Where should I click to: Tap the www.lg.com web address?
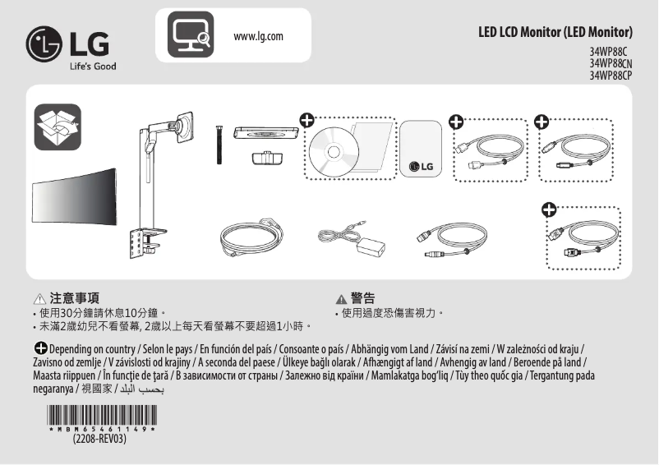(x=259, y=36)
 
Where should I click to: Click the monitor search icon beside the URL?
(x=191, y=35)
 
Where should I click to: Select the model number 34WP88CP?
(x=611, y=76)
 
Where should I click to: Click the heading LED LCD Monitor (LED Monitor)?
(x=555, y=33)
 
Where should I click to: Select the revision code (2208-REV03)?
(x=99, y=439)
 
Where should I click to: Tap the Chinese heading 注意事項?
(x=75, y=299)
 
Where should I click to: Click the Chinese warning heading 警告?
(x=362, y=298)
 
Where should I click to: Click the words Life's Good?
(x=91, y=66)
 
